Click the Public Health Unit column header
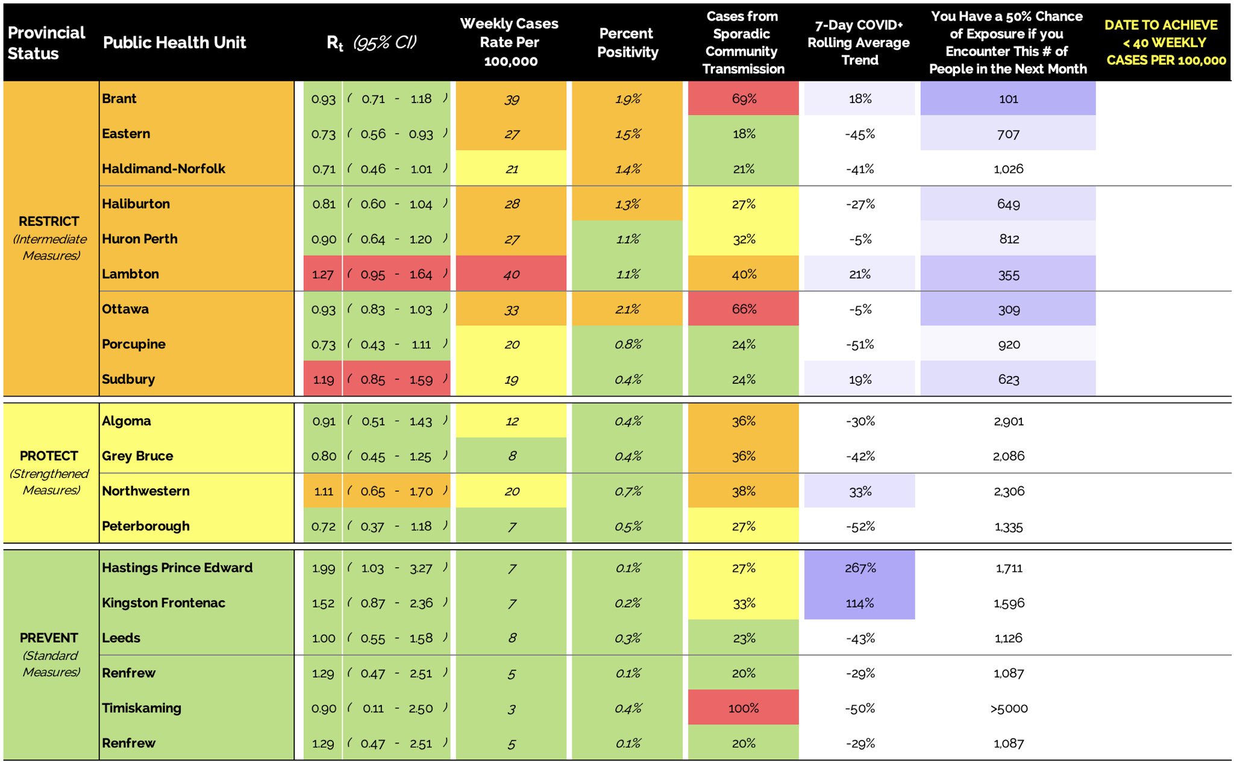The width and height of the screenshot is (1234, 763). [174, 42]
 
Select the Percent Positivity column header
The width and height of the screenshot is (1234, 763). [627, 42]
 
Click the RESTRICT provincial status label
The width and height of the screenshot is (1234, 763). [49, 222]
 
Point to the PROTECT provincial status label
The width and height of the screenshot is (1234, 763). [49, 456]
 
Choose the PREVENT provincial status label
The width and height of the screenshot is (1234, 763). [49, 638]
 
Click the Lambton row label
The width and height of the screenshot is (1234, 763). [130, 274]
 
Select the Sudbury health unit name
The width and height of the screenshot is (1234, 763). [128, 380]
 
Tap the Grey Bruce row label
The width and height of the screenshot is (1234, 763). [137, 456]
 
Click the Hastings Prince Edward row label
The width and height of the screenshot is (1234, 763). [177, 568]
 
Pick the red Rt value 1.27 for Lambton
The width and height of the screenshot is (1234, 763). [323, 275]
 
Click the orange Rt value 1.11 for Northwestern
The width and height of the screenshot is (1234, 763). [324, 492]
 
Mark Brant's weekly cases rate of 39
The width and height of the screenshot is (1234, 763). [511, 99]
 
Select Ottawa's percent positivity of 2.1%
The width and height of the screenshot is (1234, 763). [627, 310]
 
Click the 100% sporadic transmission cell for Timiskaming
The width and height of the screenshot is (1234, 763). [744, 709]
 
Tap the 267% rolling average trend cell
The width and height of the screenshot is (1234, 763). [860, 568]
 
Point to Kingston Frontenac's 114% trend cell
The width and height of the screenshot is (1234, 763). [860, 603]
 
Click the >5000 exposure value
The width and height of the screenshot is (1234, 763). [1009, 709]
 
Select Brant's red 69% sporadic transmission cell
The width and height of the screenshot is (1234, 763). [744, 99]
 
